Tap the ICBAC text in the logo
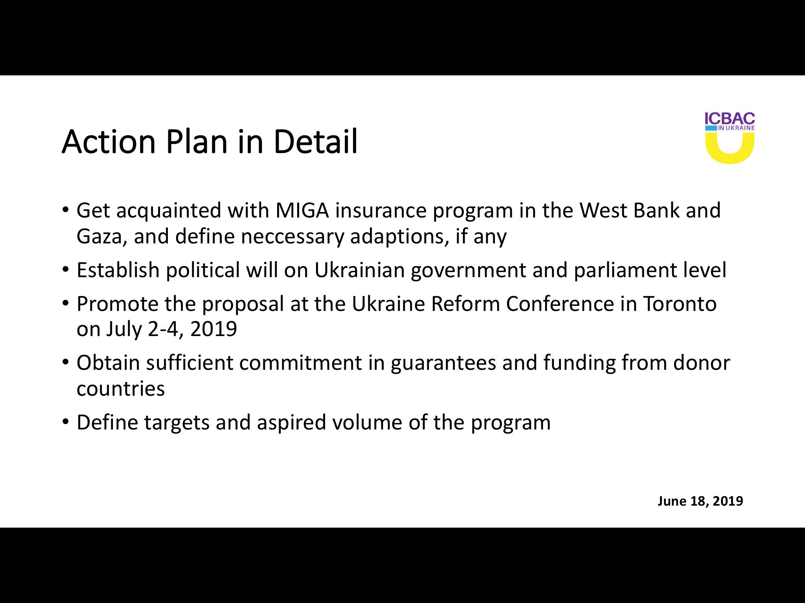coord(730,119)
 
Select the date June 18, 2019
coord(700,501)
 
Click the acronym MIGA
coord(302,210)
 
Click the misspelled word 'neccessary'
coord(292,237)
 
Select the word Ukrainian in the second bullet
coord(359,270)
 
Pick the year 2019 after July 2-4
coord(213,329)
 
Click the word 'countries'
coord(121,389)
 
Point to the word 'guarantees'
coord(443,363)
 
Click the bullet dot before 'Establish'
coord(66,270)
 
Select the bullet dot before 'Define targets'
coord(66,422)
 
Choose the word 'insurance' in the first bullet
coord(380,210)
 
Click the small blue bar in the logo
coord(711,128)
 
